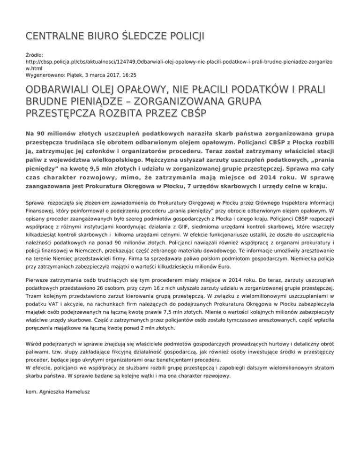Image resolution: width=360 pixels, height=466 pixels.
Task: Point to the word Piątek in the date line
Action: (x=83, y=75)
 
